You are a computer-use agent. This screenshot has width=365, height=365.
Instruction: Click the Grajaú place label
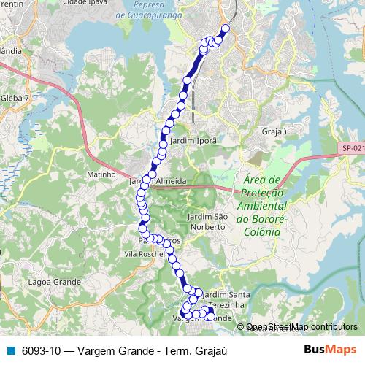coord(274,132)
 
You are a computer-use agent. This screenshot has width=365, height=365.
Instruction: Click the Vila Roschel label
coord(142,254)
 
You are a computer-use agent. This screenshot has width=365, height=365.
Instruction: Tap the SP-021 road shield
coord(352,149)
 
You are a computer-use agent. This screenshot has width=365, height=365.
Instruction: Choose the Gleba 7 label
coord(15,97)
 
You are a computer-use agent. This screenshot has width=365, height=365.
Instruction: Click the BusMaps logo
coord(328,350)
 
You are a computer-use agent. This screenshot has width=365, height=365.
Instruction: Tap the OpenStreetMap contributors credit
coord(301,326)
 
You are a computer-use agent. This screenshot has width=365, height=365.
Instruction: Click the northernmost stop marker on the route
coord(225,29)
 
